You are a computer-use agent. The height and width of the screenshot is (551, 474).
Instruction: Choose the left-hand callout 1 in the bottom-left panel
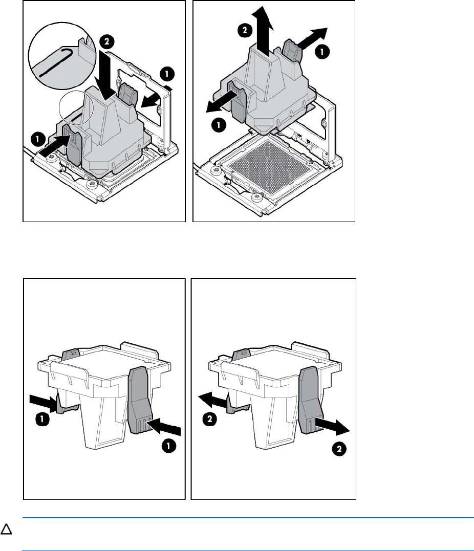pyautogui.click(x=42, y=418)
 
